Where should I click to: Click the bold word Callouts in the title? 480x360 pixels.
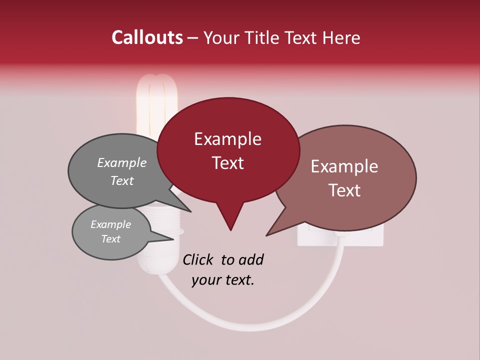[x=147, y=37]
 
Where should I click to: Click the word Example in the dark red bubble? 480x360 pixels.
[x=227, y=139]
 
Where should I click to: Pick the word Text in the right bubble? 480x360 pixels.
[x=344, y=190]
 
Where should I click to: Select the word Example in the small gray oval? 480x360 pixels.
[x=111, y=224]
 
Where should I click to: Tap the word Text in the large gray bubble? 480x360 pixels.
[x=122, y=180]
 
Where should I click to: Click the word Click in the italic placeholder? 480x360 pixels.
[x=198, y=259]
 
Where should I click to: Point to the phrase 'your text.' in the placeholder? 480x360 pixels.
[x=223, y=280]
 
